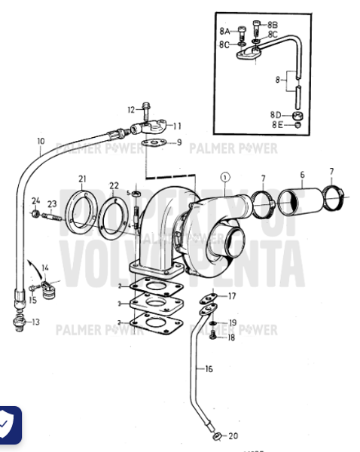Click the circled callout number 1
point(223,177)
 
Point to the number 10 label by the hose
point(41,141)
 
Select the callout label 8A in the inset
point(225,32)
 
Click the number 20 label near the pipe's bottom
point(233,436)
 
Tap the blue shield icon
point(8,426)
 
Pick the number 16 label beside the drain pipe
point(209,368)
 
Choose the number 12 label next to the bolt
point(130,110)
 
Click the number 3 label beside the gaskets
point(120,304)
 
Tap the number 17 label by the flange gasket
point(232,296)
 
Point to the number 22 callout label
point(114,185)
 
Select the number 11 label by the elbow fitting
point(178,126)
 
